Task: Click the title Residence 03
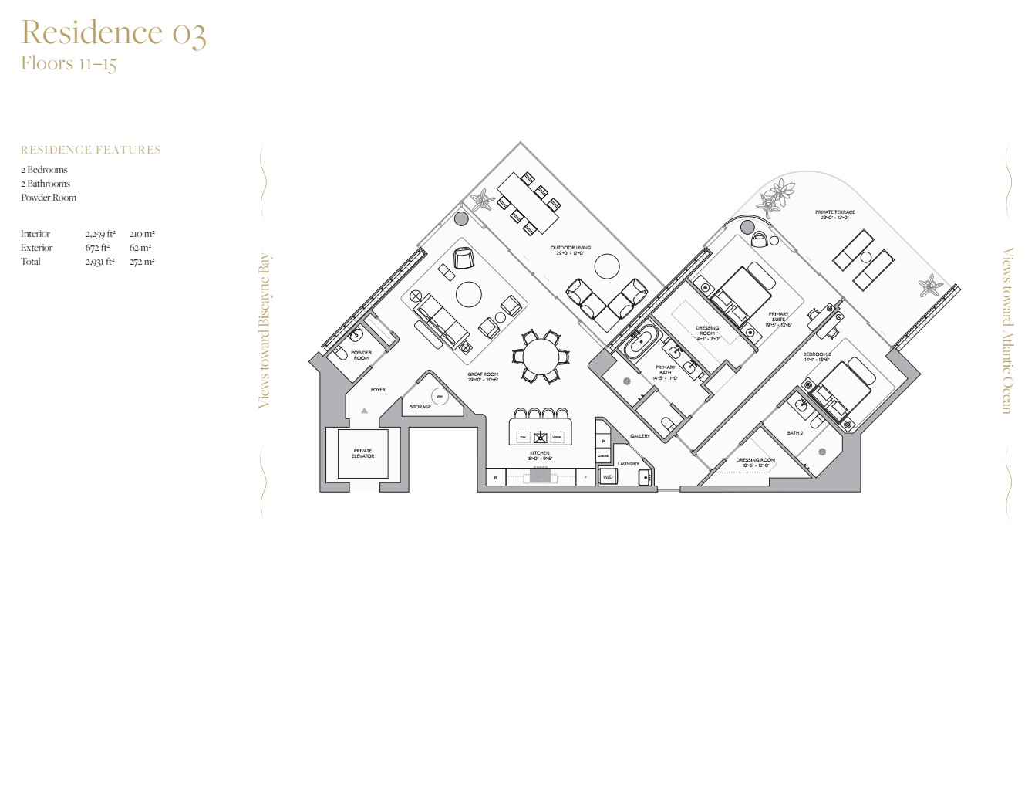113,33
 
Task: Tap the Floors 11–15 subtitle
69,63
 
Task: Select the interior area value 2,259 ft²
100,234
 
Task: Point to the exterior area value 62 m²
140,248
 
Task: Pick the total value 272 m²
142,262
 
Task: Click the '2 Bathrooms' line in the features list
46,184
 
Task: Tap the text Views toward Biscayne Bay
265,330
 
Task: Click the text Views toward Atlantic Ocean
1007,330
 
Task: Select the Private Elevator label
362,453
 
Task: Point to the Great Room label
483,377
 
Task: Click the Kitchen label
540,455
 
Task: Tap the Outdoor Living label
571,250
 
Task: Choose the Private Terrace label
834,215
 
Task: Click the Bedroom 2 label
817,357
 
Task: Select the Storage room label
420,407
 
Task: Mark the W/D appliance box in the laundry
608,477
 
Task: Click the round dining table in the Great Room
540,356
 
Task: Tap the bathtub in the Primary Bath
641,342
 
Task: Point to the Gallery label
640,436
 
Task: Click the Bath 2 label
795,433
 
